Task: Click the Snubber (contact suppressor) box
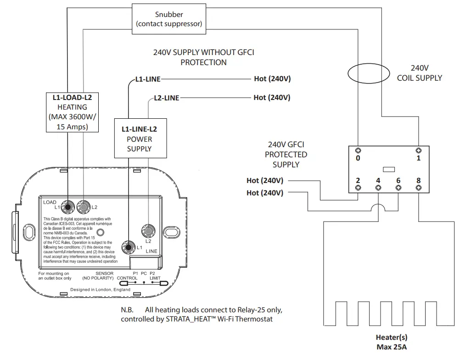click(169, 19)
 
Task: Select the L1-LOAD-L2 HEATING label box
click(73, 112)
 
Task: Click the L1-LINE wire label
click(148, 79)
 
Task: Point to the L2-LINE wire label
click(166, 98)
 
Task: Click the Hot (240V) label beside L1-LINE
click(272, 79)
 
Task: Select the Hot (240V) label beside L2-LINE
click(272, 97)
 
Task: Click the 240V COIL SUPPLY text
click(419, 72)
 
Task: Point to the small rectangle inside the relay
click(388, 169)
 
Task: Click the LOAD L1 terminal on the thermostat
click(68, 207)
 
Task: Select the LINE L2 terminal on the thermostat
click(148, 229)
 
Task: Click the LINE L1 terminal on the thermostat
click(128, 247)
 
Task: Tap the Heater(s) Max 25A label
click(391, 342)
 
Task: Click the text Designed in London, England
click(100, 289)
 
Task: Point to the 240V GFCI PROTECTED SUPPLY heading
click(286, 154)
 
